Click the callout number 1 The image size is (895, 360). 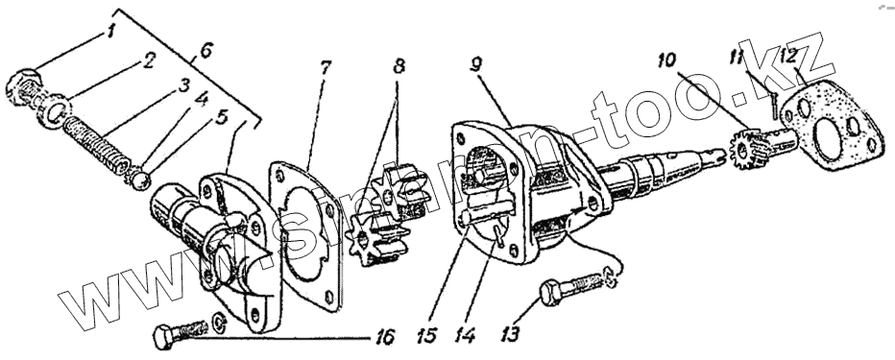point(110,32)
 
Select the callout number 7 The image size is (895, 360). point(324,68)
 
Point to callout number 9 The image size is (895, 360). point(476,64)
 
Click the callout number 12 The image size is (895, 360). point(789,57)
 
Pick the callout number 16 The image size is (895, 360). point(386,337)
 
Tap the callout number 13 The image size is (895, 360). point(509,334)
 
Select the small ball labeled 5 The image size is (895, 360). point(141,180)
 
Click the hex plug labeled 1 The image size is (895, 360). point(24,88)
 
